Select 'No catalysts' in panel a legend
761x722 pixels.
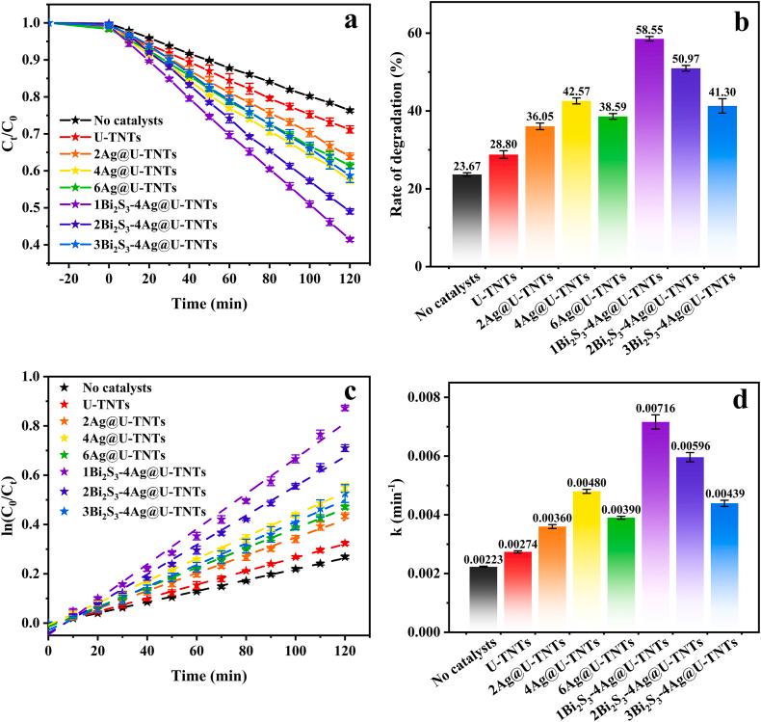coord(118,120)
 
